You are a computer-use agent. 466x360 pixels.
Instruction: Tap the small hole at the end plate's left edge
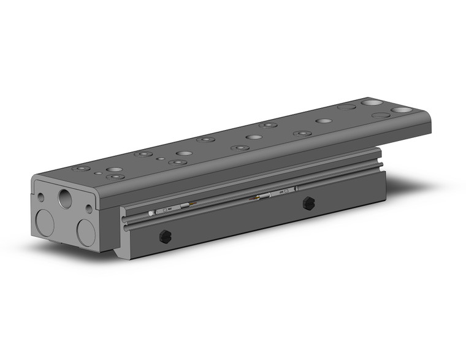coord(40,198)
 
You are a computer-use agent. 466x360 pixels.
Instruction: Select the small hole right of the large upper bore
coord(89,209)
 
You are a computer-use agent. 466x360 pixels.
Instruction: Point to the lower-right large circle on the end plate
coord(86,233)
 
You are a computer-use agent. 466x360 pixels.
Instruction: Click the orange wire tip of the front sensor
coord(194,204)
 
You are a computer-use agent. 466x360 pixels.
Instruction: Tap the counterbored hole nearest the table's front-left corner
coord(78,168)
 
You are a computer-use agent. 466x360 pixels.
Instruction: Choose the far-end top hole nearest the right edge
coord(401,110)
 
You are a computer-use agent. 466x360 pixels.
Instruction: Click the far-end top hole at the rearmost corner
coord(370,102)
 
